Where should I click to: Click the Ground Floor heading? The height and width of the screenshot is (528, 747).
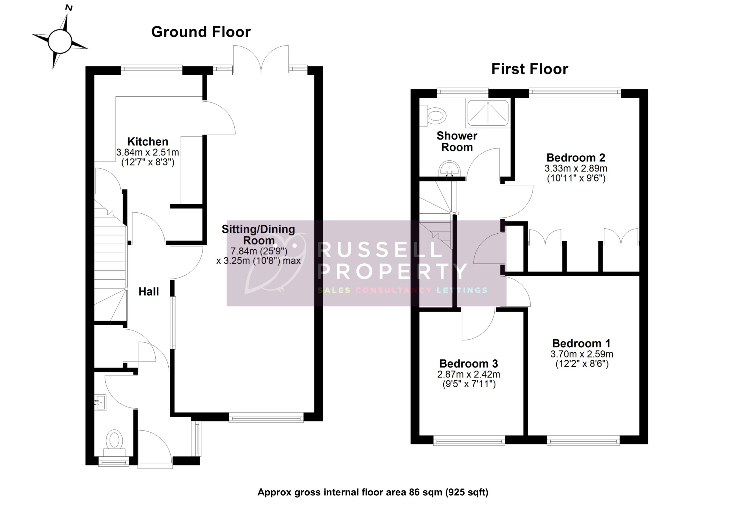[201, 32]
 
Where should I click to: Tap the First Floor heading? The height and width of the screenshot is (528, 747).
[529, 69]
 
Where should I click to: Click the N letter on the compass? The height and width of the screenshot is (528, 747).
[69, 8]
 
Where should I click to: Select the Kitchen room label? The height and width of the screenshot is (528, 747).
[148, 141]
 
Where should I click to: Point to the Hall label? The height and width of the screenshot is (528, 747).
[149, 291]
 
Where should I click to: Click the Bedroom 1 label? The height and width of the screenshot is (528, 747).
[581, 343]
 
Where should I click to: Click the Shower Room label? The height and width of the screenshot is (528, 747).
[457, 141]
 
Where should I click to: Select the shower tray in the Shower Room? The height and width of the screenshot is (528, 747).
[487, 113]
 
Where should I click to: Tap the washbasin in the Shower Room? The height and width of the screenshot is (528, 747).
[449, 169]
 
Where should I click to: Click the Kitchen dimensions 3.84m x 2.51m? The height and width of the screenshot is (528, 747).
[148, 152]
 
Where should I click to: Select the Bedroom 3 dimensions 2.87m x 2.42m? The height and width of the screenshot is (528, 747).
[469, 374]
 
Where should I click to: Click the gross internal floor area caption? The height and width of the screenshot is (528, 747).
[373, 492]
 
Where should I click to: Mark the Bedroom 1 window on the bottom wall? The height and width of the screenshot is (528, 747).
[583, 441]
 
